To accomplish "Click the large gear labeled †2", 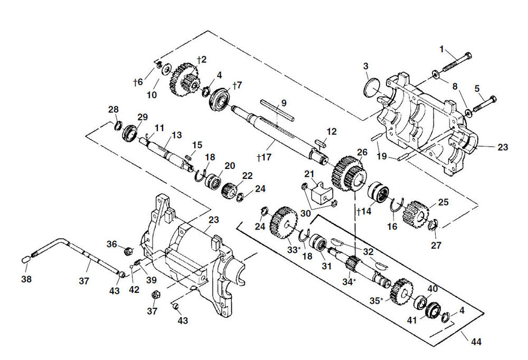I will click(184, 80).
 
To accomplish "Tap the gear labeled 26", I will click(348, 172).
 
